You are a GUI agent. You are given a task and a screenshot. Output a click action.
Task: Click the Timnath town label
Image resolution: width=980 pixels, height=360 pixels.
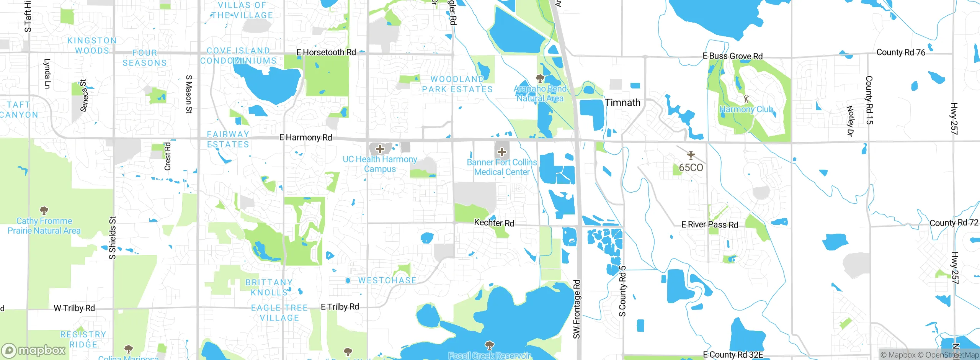(x=622, y=103)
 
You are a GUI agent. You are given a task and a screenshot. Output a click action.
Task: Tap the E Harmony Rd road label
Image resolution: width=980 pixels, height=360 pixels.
(x=305, y=137)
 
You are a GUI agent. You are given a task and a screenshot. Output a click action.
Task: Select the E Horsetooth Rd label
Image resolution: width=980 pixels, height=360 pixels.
(x=326, y=52)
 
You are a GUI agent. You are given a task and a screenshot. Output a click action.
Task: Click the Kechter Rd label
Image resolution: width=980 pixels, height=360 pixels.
(x=494, y=223)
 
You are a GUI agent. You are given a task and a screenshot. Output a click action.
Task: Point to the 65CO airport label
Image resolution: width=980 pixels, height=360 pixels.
(x=691, y=168)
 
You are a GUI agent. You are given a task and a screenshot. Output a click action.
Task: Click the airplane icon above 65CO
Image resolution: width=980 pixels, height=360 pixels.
(x=691, y=155)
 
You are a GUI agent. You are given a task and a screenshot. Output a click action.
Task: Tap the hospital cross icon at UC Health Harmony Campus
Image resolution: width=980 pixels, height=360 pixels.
(x=380, y=149)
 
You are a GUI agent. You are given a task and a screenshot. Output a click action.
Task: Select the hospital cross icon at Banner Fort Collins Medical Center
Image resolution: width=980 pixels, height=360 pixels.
(x=502, y=152)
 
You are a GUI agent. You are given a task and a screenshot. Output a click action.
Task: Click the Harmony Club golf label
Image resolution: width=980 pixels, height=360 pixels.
(x=746, y=110)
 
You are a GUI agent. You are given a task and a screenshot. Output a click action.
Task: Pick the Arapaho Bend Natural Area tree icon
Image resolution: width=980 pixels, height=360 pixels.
(x=540, y=79)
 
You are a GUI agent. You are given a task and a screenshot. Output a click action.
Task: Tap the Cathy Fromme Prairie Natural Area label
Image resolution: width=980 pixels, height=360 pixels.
(x=44, y=226)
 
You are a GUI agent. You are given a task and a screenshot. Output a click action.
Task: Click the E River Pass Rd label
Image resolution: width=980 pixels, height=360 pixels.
(x=709, y=225)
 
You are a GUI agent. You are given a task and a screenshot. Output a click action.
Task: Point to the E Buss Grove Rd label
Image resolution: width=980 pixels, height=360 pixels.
(x=732, y=56)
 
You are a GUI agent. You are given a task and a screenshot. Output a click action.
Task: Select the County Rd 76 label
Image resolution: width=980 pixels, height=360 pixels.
(x=900, y=52)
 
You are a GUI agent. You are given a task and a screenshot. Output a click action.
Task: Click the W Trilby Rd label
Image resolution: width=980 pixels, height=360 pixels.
(x=74, y=308)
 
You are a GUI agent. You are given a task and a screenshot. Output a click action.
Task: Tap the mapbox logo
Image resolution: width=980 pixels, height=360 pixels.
(x=34, y=350)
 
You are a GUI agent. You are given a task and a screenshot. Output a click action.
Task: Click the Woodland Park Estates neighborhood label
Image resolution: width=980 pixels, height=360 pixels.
(x=457, y=84)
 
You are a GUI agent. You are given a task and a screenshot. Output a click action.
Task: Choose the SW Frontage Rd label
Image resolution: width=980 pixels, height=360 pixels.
(x=577, y=309)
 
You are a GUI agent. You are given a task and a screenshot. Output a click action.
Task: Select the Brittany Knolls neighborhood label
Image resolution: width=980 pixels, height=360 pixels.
(x=269, y=287)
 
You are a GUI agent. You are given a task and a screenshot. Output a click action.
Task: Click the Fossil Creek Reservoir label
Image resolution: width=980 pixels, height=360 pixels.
(x=489, y=355)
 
